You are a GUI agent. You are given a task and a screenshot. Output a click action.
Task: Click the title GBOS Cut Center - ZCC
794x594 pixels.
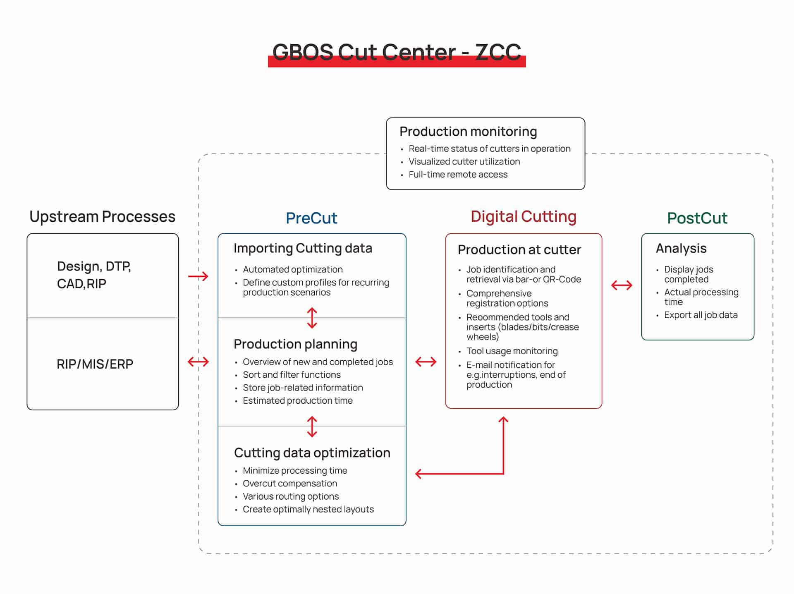(x=397, y=53)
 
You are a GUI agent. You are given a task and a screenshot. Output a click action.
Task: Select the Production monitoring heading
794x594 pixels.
(x=468, y=132)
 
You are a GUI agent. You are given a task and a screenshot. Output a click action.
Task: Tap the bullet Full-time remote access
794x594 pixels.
(x=458, y=175)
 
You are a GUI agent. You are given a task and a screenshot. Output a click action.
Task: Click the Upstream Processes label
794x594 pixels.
(x=102, y=216)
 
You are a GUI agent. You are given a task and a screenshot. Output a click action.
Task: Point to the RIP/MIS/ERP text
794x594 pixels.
(x=95, y=364)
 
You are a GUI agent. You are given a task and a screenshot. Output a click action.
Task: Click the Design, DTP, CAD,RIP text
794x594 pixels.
(x=94, y=275)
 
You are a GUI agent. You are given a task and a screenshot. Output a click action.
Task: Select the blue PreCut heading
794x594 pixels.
(x=311, y=218)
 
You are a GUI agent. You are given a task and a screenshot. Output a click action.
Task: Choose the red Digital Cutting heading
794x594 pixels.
(x=523, y=216)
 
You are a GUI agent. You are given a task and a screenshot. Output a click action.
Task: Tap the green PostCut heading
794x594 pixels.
(x=697, y=218)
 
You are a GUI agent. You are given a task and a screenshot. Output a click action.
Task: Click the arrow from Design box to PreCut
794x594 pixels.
(x=198, y=276)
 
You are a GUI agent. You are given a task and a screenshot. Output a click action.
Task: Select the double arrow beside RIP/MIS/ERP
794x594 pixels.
(x=198, y=362)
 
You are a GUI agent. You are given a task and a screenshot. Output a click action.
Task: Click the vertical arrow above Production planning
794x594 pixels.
(x=312, y=318)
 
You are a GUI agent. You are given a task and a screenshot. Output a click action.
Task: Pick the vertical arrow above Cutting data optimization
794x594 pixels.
(x=312, y=426)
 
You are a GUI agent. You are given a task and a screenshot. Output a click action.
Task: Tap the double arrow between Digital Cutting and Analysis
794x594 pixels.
(x=622, y=285)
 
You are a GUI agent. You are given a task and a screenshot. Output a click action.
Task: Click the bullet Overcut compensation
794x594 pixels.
(x=290, y=484)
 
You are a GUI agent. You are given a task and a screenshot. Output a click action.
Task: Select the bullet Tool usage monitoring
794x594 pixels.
(x=512, y=351)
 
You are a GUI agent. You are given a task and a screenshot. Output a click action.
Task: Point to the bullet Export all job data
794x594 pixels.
(x=701, y=315)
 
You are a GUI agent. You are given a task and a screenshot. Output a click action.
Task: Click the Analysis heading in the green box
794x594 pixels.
(x=681, y=248)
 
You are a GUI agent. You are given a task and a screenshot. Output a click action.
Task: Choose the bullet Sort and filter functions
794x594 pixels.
(x=292, y=375)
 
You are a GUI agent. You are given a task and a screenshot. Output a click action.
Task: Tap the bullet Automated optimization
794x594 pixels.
(x=292, y=270)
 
